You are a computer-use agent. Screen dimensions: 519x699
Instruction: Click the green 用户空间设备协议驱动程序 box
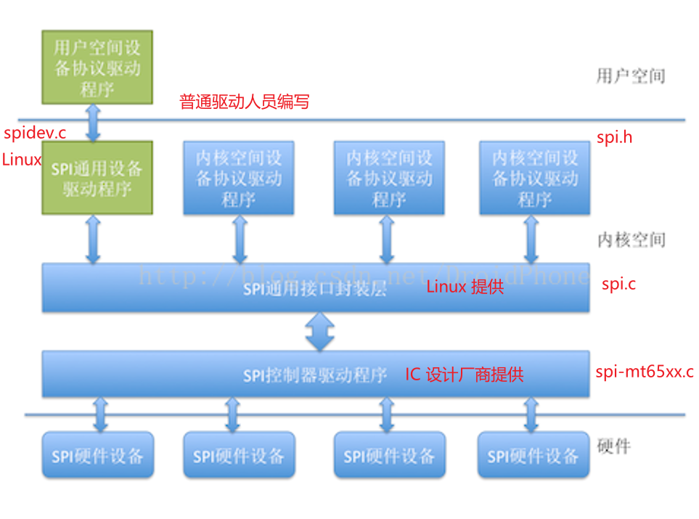coord(97,66)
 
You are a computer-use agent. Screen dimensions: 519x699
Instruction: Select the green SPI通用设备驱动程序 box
coord(97,178)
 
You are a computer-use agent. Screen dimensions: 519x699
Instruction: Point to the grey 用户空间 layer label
coord(630,75)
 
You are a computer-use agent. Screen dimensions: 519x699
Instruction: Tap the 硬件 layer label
coord(613,446)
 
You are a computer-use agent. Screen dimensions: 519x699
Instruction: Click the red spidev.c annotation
coord(35,133)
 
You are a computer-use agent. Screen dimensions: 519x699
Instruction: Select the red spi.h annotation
coord(614,136)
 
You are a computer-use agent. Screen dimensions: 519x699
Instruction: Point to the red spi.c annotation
coord(618,284)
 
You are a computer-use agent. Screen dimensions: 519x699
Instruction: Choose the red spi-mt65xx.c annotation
coord(644,372)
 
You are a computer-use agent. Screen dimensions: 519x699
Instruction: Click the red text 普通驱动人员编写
coord(244,102)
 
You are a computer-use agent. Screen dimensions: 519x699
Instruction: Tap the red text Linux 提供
coord(465,287)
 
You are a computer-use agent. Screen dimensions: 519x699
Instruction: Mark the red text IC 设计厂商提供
coord(464,375)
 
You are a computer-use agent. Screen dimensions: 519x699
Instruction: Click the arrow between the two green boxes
coord(94,122)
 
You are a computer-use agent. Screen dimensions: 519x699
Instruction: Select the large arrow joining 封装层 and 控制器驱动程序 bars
coord(319,332)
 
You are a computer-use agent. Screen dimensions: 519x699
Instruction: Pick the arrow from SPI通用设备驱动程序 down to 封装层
coord(94,239)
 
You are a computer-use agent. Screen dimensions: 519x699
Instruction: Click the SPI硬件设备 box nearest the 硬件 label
coord(534,455)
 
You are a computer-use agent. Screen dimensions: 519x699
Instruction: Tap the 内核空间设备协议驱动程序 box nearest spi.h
coord(534,178)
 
